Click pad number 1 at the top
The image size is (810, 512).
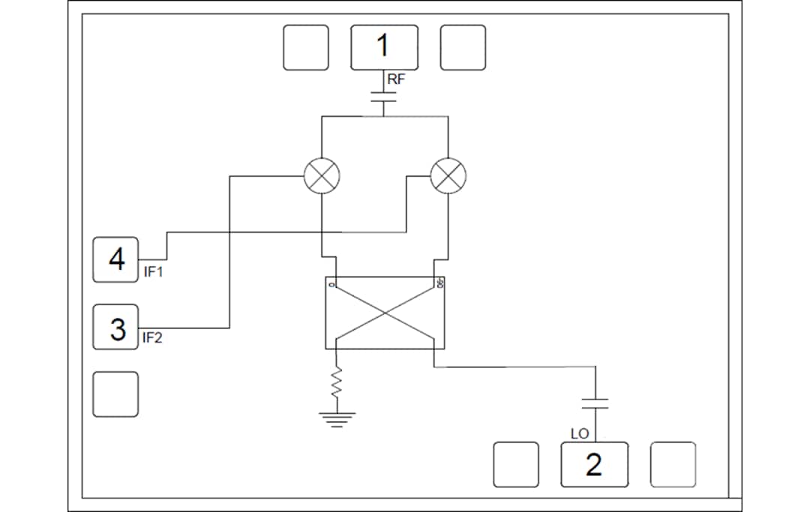click(x=384, y=47)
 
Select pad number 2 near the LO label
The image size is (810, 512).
click(x=594, y=465)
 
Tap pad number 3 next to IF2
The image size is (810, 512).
click(x=115, y=328)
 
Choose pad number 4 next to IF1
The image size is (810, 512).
click(x=115, y=260)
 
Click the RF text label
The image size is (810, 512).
click(x=396, y=78)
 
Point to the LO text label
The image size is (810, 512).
click(x=580, y=434)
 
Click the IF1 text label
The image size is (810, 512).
click(x=154, y=272)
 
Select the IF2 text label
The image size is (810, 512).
click(x=153, y=338)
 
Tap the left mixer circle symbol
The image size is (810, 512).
click(x=321, y=177)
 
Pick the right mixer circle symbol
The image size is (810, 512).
click(x=448, y=177)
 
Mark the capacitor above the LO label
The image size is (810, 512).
click(x=595, y=403)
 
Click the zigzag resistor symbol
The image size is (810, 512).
click(x=337, y=384)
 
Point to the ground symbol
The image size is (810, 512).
click(x=337, y=418)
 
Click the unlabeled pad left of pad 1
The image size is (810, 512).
click(x=306, y=47)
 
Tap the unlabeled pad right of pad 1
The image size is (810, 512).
click(x=463, y=47)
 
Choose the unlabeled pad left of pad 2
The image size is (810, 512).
click(x=516, y=465)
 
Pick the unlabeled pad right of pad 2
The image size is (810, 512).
click(x=673, y=465)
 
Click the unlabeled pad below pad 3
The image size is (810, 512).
click(x=115, y=394)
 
